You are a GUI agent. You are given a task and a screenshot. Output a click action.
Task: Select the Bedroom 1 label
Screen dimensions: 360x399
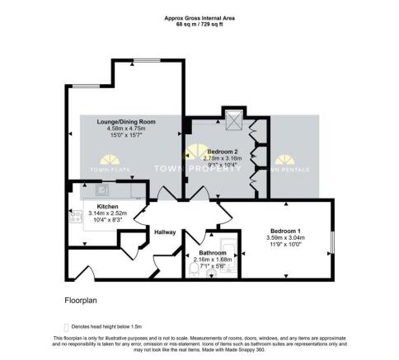(288, 232)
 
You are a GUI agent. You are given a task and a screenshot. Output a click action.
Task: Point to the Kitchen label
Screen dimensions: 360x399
(107, 206)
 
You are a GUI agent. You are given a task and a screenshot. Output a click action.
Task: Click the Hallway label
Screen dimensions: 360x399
(166, 232)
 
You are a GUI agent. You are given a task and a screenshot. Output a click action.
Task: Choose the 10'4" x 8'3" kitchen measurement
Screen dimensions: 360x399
(107, 220)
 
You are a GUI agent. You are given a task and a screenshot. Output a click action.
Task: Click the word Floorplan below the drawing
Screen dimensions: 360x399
(82, 302)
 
